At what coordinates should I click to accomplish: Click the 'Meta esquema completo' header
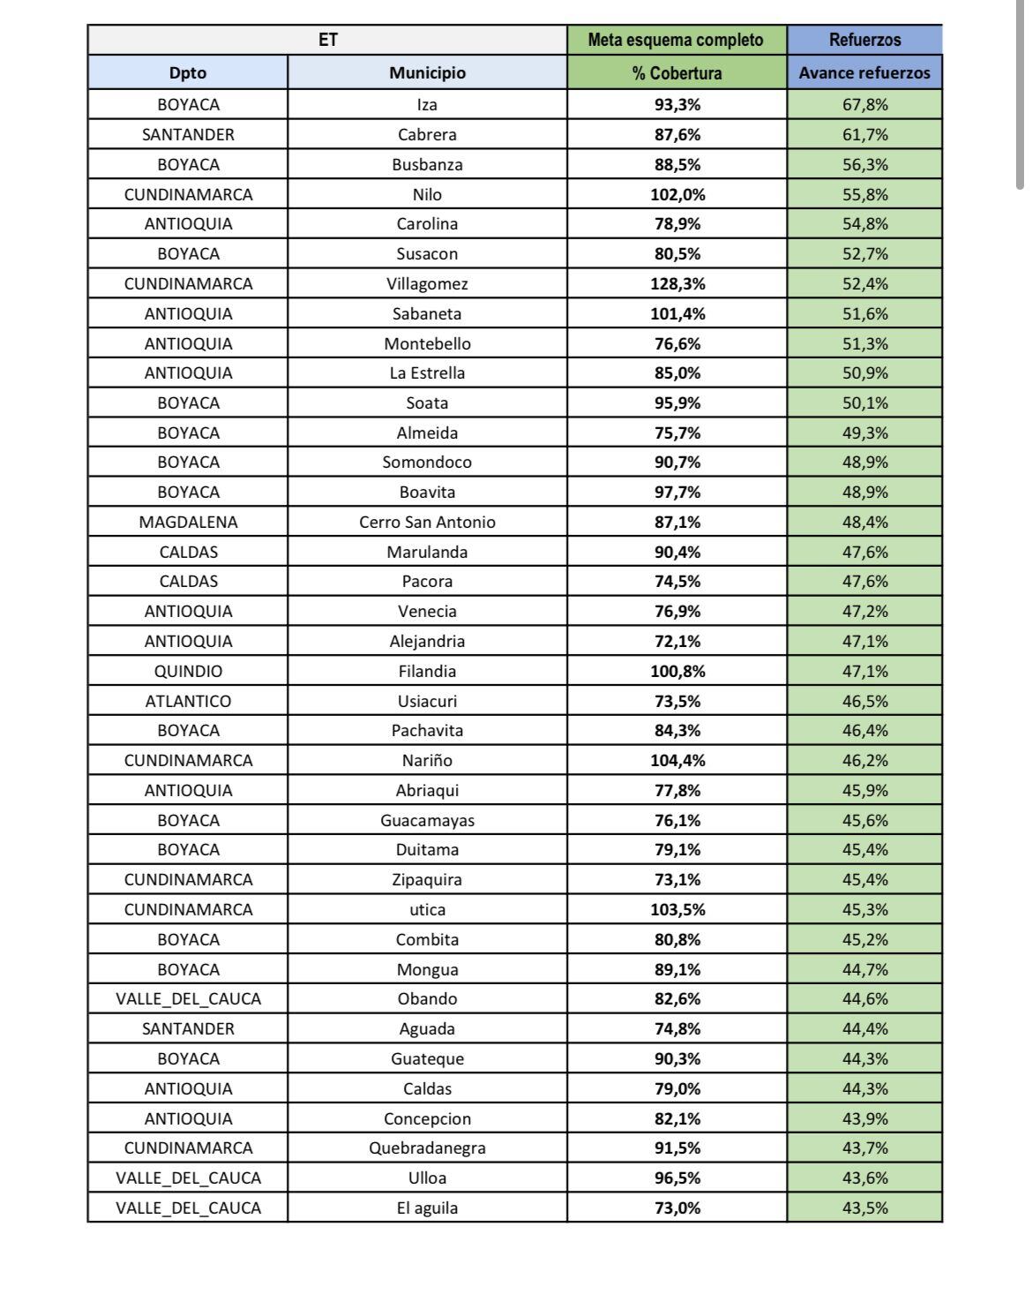point(677,40)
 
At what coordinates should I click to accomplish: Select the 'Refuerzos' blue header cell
point(864,40)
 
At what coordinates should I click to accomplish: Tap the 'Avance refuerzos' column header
point(864,72)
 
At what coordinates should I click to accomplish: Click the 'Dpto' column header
point(188,72)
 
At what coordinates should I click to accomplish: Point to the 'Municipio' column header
point(427,72)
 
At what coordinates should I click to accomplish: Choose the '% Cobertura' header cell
point(677,72)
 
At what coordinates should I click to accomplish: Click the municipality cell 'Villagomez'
point(427,283)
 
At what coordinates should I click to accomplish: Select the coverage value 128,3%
point(677,283)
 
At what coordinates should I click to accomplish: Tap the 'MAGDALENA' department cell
point(188,522)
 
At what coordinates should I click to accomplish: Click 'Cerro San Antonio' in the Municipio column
point(427,522)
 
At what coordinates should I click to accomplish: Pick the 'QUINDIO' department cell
point(188,671)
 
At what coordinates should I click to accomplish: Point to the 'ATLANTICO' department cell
point(188,701)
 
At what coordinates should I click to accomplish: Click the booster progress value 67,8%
point(864,104)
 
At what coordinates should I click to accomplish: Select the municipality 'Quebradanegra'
point(427,1148)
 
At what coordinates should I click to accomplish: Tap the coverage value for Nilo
point(677,194)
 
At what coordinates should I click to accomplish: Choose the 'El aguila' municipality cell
point(427,1208)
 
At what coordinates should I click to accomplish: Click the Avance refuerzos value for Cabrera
point(864,134)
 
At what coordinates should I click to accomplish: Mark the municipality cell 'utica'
point(427,909)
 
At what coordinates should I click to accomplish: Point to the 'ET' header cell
point(327,40)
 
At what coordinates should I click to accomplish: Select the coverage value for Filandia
point(677,671)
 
